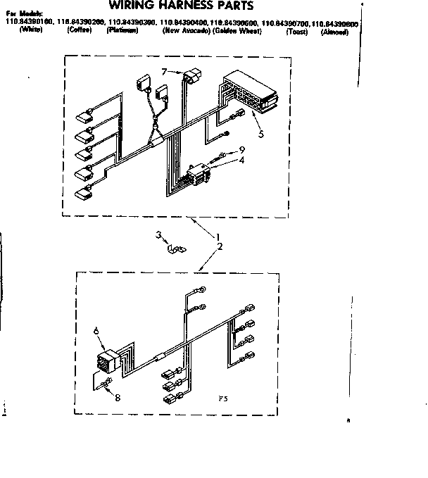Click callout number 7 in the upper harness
coord(163,72)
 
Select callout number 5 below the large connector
coord(261,133)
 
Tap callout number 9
coord(241,149)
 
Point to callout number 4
coord(241,160)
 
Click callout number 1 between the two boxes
coord(218,236)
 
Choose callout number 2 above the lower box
coord(220,246)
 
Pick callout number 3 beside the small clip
coord(159,235)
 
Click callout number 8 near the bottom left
coord(117,398)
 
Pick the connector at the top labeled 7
coord(191,75)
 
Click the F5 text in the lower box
coord(222,398)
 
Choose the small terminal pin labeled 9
coord(224,154)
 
